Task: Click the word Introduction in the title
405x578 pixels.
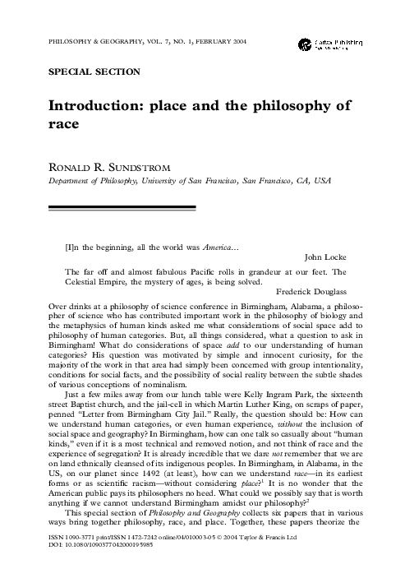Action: (x=110, y=107)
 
